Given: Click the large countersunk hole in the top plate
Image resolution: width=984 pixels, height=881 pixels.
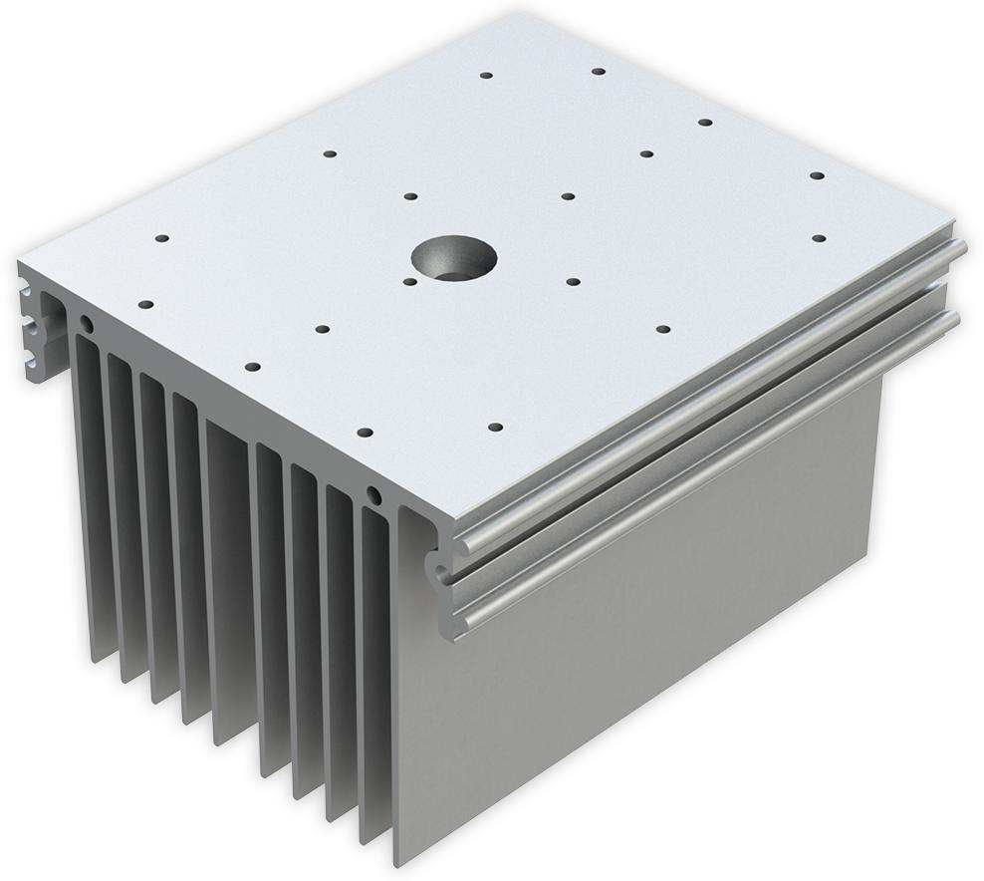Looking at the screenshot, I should pyautogui.click(x=452, y=257).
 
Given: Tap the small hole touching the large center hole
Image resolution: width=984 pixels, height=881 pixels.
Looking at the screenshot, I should pyautogui.click(x=410, y=281).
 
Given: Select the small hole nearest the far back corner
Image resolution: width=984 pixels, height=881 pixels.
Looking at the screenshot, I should pyautogui.click(x=599, y=72).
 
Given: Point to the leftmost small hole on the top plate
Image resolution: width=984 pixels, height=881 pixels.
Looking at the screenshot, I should pyautogui.click(x=144, y=303).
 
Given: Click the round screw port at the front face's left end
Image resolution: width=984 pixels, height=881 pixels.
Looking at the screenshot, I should pyautogui.click(x=87, y=324).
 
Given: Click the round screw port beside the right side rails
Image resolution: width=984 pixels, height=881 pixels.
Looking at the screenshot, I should pyautogui.click(x=373, y=494).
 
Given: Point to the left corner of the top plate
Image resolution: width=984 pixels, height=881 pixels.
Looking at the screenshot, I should pyautogui.click(x=18, y=261).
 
